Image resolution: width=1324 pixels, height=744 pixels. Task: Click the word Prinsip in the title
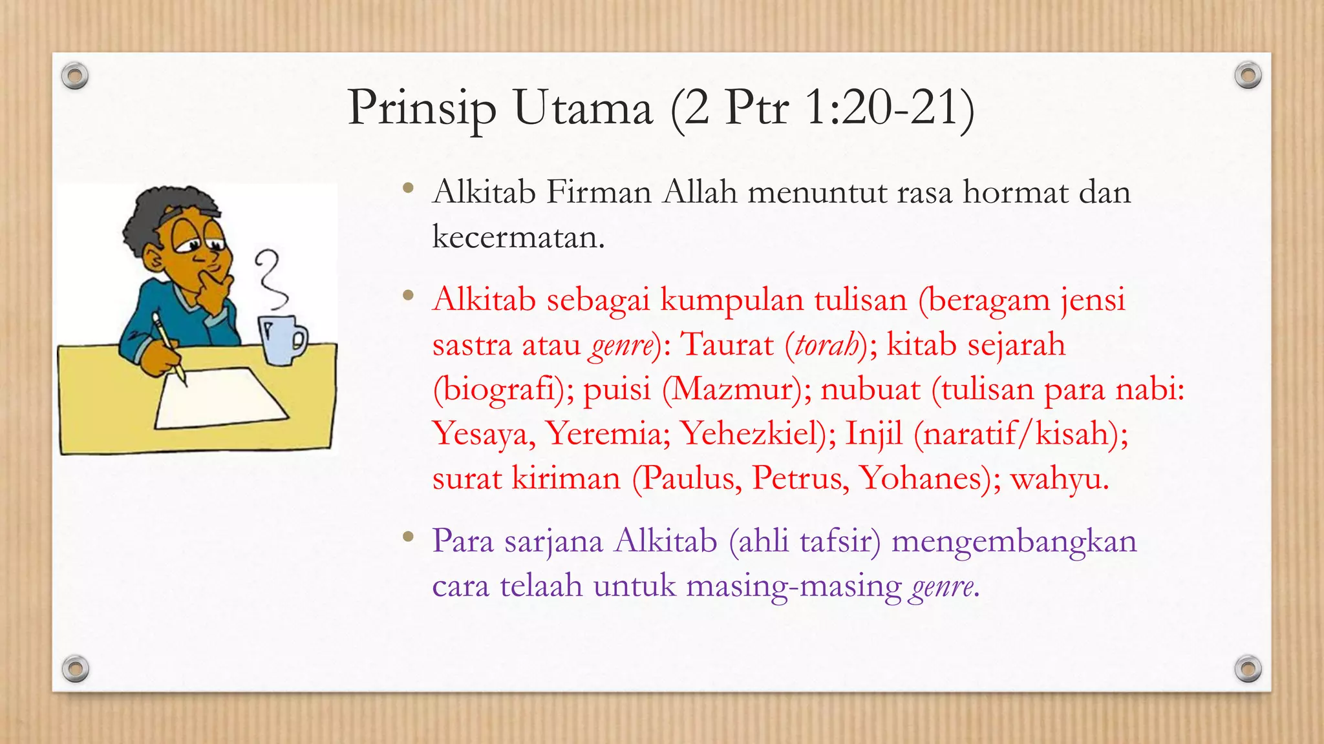point(422,108)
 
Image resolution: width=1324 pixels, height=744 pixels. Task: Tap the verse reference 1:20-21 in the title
point(890,107)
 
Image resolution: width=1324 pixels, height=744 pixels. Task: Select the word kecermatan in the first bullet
point(518,237)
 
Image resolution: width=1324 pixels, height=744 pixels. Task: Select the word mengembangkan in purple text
point(1014,541)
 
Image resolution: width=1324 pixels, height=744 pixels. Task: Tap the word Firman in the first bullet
point(599,192)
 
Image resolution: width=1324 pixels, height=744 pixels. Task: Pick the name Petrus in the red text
point(800,479)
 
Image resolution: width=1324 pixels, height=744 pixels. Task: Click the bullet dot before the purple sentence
point(407,536)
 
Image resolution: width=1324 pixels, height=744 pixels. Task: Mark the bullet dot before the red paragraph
point(407,296)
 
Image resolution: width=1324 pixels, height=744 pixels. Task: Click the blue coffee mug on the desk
point(281,339)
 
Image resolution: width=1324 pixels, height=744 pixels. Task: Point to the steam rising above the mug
point(270,279)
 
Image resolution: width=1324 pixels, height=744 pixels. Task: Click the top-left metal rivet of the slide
point(75,76)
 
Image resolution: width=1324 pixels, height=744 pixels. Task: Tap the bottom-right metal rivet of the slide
point(1248,668)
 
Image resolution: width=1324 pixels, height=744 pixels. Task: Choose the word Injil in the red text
point(873,433)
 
